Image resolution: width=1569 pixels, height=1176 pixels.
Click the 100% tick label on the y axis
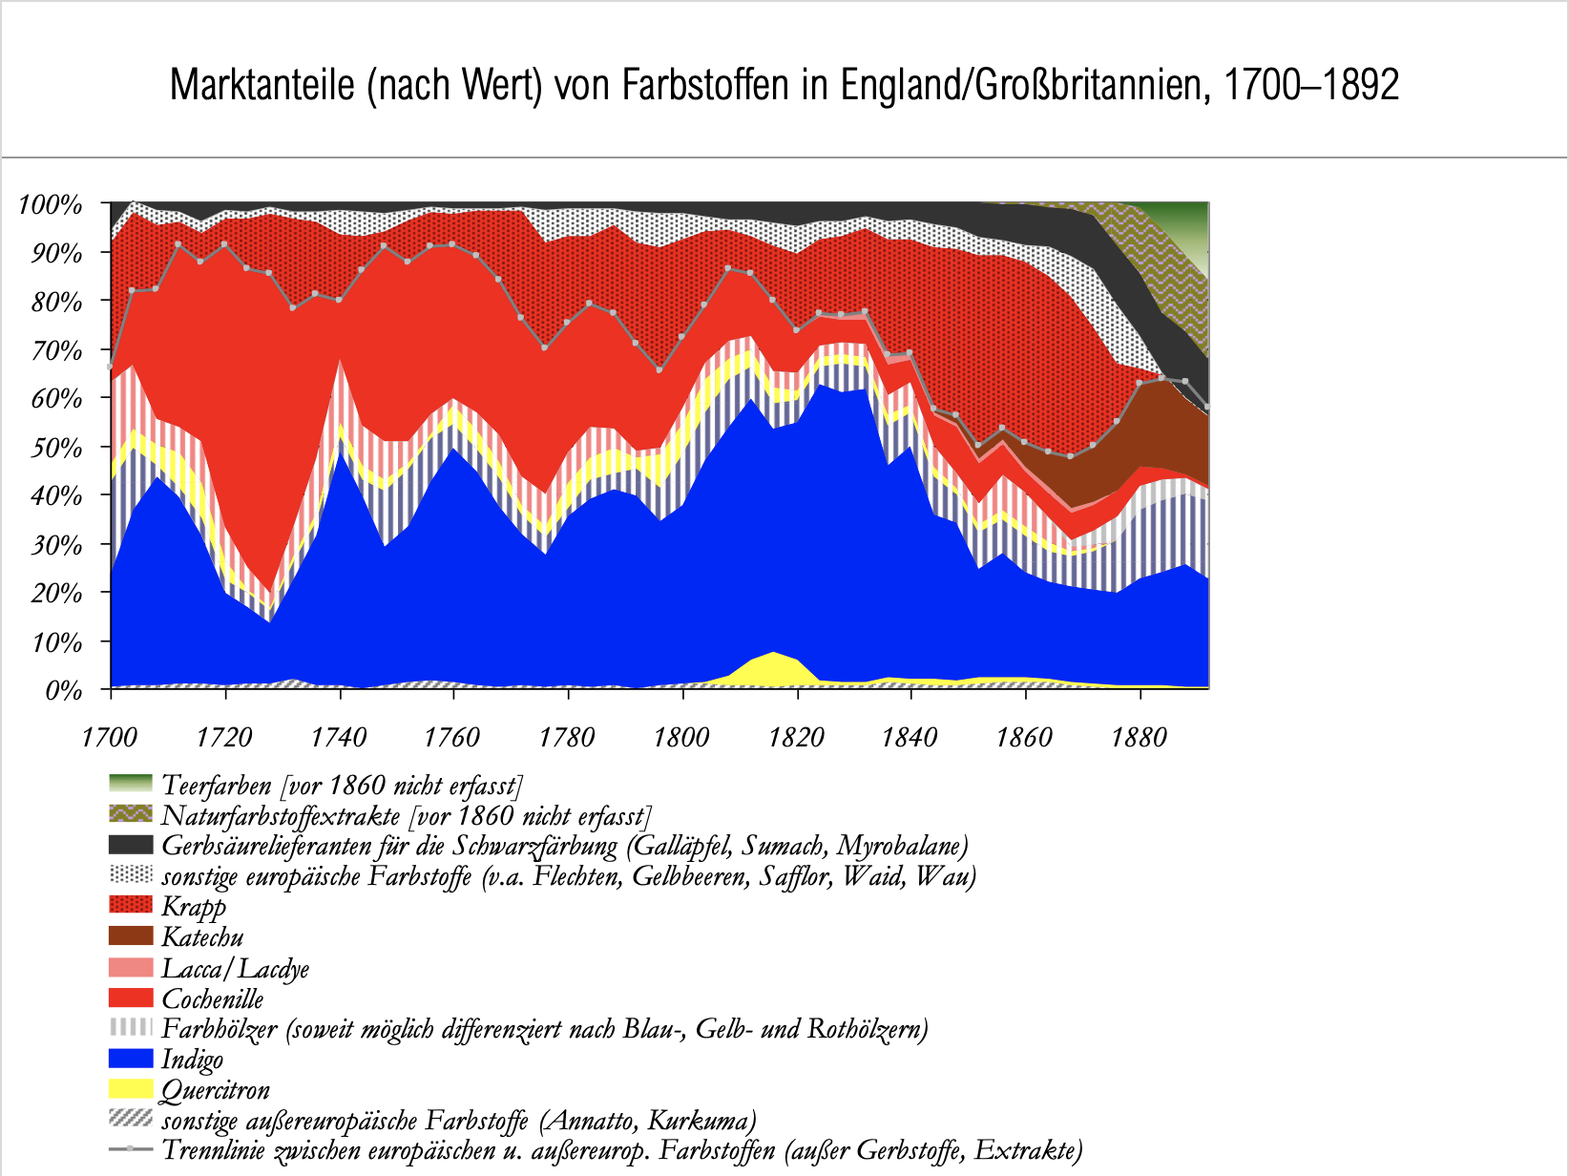pos(51,205)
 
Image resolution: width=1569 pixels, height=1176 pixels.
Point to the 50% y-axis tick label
pos(56,448)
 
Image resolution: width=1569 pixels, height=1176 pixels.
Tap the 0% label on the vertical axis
pos(64,690)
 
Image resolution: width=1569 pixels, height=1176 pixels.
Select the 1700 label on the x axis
pos(110,737)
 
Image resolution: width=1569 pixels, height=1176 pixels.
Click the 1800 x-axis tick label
pos(681,737)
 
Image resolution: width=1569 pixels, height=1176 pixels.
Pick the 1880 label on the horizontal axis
pos(1139,737)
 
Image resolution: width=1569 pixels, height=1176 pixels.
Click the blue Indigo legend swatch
pos(131,1058)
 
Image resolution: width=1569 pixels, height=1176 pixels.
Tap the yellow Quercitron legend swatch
pos(131,1089)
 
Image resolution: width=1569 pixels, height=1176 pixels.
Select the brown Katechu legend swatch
pos(131,935)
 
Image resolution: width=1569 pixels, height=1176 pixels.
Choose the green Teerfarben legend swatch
pos(131,784)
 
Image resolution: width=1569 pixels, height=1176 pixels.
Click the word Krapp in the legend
pos(194,907)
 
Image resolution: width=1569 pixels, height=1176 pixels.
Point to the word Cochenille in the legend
pos(212,998)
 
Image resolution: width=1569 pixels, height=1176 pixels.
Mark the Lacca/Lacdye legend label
pos(235,969)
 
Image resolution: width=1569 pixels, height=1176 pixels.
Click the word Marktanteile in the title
pos(262,85)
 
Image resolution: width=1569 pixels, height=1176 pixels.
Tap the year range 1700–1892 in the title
pos(1311,85)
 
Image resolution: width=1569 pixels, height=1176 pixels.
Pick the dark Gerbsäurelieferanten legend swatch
pos(131,844)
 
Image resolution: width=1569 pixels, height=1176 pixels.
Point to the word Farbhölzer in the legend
pos(220,1029)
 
